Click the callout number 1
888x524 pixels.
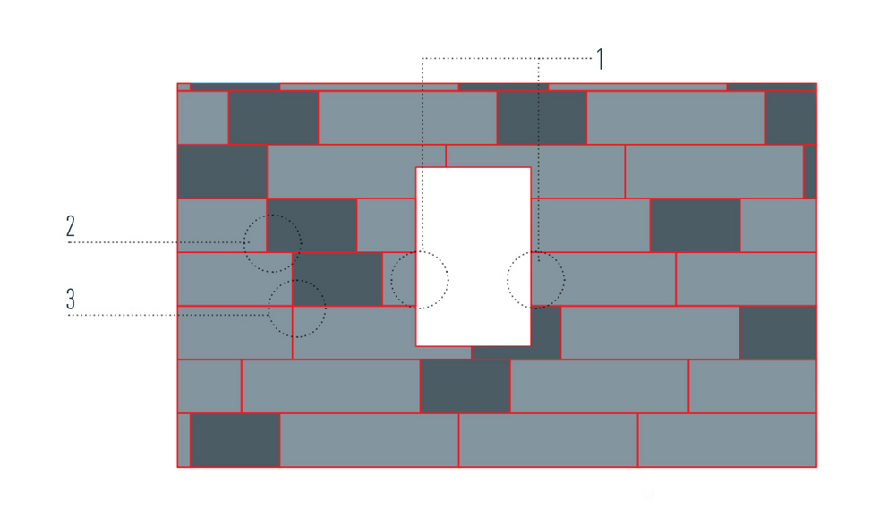point(601,59)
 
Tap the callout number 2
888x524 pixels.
point(70,225)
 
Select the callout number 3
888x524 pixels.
point(70,299)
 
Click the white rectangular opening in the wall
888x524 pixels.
point(474,257)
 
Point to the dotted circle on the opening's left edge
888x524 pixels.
point(420,280)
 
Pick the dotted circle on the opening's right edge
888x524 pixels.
point(535,280)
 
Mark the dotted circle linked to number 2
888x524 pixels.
point(272,243)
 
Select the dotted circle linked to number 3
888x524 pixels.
point(297,308)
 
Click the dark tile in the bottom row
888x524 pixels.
point(235,440)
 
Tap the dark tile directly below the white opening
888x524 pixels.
point(465,386)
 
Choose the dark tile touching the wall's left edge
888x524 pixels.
point(222,172)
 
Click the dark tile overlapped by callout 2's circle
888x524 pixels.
point(312,225)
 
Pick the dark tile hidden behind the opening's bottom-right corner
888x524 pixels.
point(516,333)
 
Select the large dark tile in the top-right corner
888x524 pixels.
point(790,118)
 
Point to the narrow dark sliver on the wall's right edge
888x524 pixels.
point(810,172)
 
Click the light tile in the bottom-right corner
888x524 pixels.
point(727,440)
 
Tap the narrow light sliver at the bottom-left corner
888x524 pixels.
point(184,440)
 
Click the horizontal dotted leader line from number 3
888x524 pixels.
point(169,315)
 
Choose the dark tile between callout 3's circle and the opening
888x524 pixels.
point(337,279)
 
